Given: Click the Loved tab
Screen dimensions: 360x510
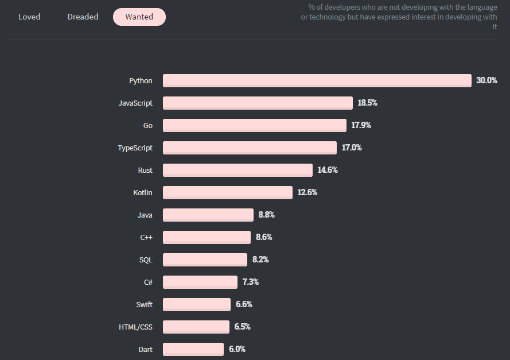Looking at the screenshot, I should pyautogui.click(x=29, y=17).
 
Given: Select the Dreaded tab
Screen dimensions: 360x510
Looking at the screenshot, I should pyautogui.click(x=83, y=17).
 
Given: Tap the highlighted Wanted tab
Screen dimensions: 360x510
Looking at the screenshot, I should pyautogui.click(x=139, y=17).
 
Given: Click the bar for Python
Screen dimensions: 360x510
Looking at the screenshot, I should pyautogui.click(x=317, y=80).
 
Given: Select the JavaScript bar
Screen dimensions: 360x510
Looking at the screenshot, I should pyautogui.click(x=258, y=103).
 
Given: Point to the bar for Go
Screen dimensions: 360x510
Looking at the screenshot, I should pyautogui.click(x=255, y=125).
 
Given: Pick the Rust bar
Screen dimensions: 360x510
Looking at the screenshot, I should pyautogui.click(x=238, y=170).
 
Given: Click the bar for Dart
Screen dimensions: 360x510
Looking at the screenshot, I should pyautogui.click(x=193, y=349).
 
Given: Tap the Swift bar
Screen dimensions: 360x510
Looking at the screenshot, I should pyautogui.click(x=196, y=304).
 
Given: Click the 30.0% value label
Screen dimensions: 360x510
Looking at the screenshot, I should pyautogui.click(x=486, y=80).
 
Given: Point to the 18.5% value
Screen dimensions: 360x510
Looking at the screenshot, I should pyautogui.click(x=367, y=103).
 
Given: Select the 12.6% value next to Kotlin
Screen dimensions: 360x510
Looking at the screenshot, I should pyautogui.click(x=307, y=192).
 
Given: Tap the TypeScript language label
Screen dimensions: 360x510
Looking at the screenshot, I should pyautogui.click(x=135, y=148).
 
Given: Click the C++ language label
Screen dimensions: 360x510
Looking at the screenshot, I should pyautogui.click(x=146, y=237).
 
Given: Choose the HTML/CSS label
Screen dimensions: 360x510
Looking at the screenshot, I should pyautogui.click(x=135, y=327).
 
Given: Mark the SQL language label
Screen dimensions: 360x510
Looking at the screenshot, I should pyautogui.click(x=146, y=260).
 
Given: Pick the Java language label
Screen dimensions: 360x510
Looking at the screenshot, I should pyautogui.click(x=145, y=215).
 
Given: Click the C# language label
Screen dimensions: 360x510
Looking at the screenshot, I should pyautogui.click(x=148, y=282).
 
